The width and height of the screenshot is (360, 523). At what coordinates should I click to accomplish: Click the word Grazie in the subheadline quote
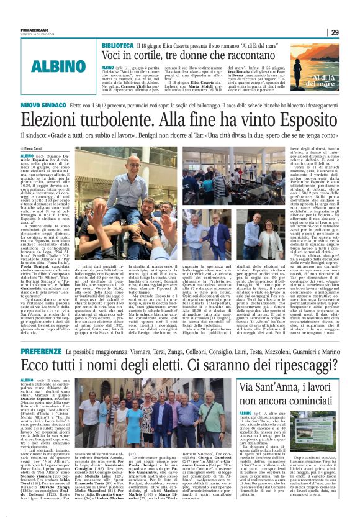click(x=65, y=134)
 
